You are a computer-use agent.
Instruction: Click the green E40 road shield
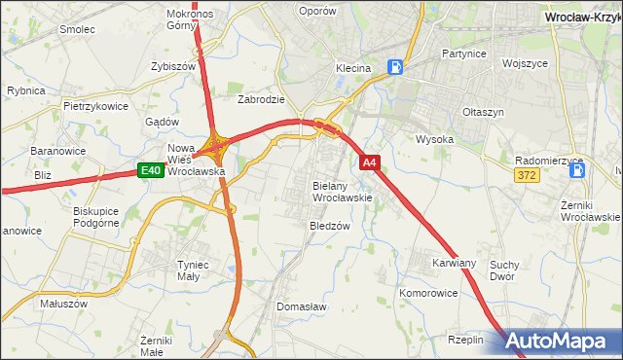coord(150,171)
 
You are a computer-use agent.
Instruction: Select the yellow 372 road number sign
coord(527,173)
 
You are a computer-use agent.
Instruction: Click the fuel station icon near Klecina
coord(395,67)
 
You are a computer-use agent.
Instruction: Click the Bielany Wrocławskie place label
coord(343,191)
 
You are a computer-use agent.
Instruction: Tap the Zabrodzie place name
coord(261,99)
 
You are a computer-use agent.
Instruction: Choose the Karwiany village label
coord(454,263)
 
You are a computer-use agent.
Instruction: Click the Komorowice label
coord(428,292)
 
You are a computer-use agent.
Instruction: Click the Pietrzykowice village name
coord(96,105)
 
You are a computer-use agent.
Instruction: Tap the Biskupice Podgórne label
coord(95,216)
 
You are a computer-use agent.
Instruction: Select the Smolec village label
coord(77,29)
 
